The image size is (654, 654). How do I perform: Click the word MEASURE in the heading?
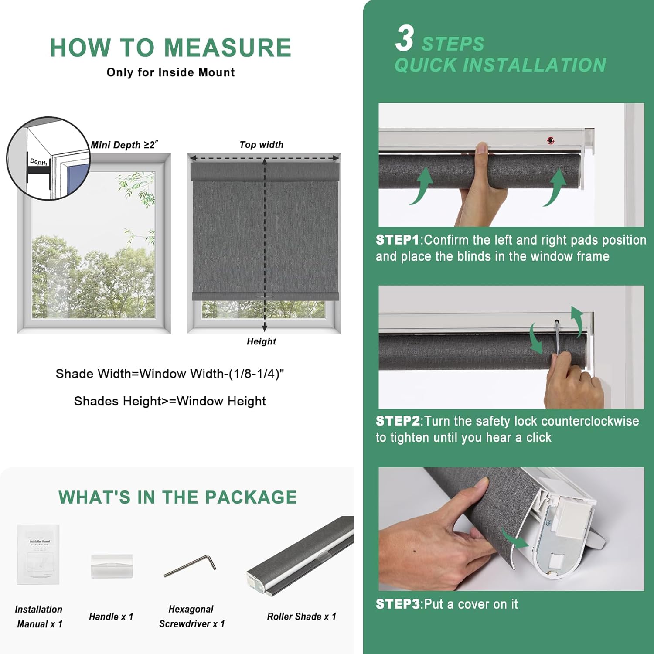(227, 48)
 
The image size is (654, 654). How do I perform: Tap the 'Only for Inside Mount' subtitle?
(170, 72)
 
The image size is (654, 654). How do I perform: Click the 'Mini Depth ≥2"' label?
(124, 145)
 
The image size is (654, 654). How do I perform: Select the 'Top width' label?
(261, 145)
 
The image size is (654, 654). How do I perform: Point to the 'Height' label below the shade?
(261, 341)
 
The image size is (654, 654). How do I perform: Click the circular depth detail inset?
(48, 158)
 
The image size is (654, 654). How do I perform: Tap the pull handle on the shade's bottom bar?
(264, 296)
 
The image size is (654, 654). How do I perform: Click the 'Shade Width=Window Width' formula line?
(170, 374)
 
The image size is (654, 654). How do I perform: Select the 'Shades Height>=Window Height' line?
(170, 401)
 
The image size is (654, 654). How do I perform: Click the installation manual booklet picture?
(38, 554)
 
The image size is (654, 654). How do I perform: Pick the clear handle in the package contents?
(112, 566)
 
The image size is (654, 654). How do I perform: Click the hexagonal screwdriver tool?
(190, 565)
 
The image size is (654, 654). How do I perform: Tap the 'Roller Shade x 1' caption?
(301, 617)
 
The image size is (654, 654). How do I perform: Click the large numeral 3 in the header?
(405, 38)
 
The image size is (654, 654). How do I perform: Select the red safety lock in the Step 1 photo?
(551, 140)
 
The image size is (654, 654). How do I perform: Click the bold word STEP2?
(397, 421)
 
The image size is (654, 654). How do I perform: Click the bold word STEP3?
(397, 604)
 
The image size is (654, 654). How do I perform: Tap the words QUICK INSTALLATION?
(500, 65)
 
